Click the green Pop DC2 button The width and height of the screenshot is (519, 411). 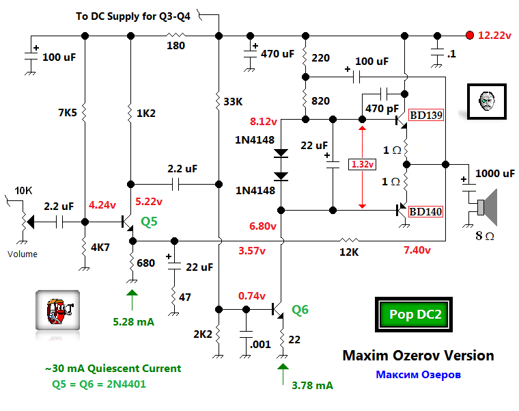[x=415, y=315]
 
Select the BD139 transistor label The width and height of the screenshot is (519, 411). [x=426, y=116]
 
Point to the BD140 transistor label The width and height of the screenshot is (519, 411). [x=426, y=211]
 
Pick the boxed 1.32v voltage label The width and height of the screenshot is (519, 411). [x=361, y=164]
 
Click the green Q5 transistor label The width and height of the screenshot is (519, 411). [x=150, y=221]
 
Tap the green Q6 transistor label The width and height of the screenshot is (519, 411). [x=300, y=310]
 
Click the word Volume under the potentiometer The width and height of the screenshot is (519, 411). [x=23, y=254]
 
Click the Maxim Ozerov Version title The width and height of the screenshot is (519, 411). [x=418, y=356]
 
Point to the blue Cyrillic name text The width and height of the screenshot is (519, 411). [x=418, y=375]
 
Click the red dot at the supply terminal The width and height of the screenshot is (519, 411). [x=469, y=36]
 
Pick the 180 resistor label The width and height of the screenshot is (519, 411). [x=177, y=46]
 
